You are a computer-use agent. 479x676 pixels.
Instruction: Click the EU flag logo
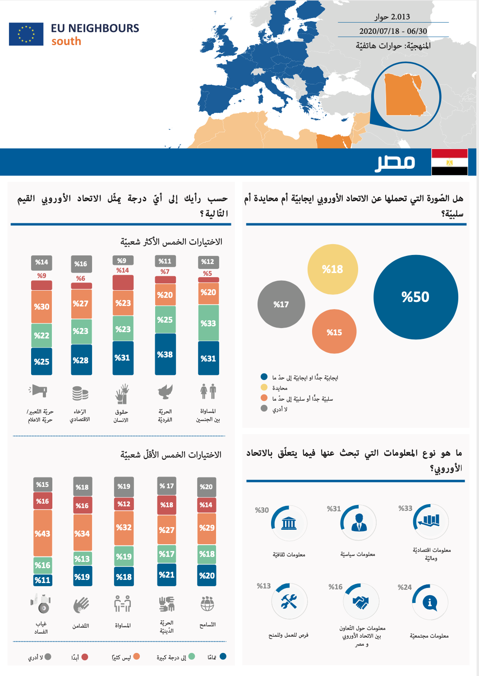[26, 34]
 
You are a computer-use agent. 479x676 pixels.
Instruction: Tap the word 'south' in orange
[66, 42]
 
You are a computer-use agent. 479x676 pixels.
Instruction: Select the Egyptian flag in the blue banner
[449, 162]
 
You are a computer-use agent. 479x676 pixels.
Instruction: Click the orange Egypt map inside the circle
[404, 96]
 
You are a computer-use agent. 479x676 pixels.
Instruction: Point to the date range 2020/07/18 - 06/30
[393, 31]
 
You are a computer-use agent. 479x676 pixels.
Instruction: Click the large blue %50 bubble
[415, 297]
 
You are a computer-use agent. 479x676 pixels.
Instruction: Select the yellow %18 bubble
[332, 269]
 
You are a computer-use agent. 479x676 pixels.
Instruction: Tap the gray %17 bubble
[281, 305]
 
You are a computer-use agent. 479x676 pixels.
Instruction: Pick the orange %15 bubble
[334, 332]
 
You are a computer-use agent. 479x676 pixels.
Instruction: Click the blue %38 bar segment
[165, 354]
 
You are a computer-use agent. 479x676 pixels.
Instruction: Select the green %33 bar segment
[208, 323]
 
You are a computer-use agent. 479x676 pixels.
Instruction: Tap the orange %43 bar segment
[42, 533]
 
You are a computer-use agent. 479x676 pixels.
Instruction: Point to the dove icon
[165, 392]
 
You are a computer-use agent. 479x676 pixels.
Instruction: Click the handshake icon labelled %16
[361, 602]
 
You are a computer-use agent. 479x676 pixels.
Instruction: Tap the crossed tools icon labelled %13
[289, 601]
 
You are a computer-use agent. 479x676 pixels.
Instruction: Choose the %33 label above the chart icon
[405, 508]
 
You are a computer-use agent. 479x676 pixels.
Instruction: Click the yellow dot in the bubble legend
[264, 387]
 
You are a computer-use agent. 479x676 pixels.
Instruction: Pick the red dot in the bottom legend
[84, 657]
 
